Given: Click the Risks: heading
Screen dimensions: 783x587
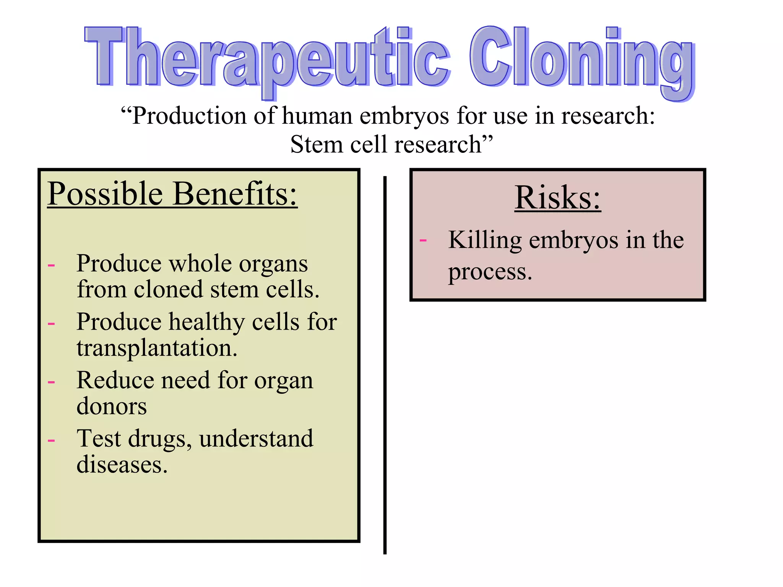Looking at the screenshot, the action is [557, 198].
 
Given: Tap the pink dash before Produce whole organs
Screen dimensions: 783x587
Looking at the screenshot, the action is [51, 264].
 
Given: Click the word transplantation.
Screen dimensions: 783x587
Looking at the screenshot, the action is [157, 348].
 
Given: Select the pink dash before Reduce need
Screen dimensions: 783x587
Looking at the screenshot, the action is [51, 381].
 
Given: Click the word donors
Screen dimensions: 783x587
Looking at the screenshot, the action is [111, 406].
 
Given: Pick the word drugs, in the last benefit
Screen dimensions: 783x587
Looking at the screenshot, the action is [159, 439].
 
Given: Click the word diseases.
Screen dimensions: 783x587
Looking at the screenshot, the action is [122, 465].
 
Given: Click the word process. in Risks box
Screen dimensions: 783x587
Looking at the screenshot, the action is [490, 272].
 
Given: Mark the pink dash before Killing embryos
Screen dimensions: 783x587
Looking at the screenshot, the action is [423, 240].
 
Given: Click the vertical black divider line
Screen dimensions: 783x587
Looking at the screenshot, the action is [385, 363].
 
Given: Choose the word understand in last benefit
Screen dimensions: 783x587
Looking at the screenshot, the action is [256, 439].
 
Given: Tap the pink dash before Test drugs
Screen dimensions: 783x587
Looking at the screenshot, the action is [51, 440].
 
